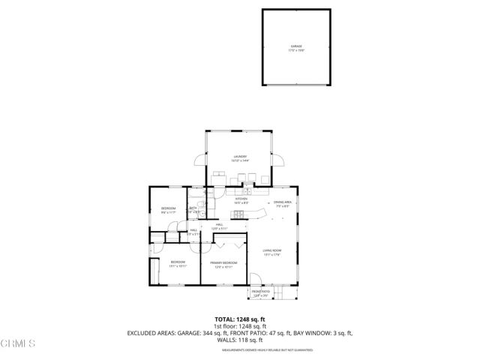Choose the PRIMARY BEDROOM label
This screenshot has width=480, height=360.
click(x=223, y=264)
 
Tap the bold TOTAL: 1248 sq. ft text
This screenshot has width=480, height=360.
click(x=240, y=319)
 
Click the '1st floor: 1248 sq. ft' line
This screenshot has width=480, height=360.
click(x=240, y=326)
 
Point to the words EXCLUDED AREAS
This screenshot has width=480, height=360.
click(x=154, y=332)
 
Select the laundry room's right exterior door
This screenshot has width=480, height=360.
click(x=279, y=160)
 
